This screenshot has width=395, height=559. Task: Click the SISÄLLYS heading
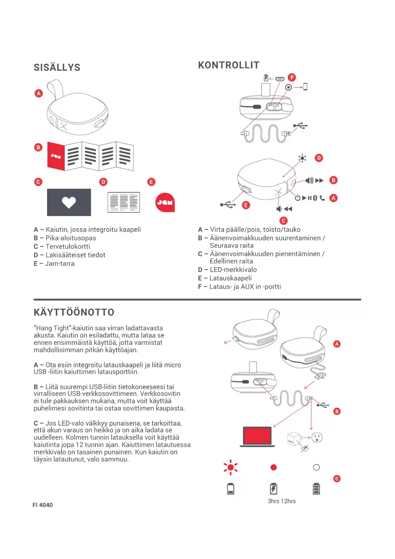(57, 67)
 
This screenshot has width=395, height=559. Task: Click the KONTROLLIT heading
(229, 65)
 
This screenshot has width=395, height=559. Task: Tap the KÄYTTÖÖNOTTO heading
(74, 312)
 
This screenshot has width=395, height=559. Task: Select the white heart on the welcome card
(69, 202)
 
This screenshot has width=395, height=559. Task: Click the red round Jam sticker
(165, 202)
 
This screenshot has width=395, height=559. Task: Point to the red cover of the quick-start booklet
(56, 156)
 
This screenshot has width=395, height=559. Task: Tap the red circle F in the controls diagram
(292, 77)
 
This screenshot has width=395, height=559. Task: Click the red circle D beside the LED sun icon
(319, 158)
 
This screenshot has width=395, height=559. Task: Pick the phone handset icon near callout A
(322, 198)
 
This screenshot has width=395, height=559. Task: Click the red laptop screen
(257, 435)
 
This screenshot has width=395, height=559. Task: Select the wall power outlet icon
(317, 437)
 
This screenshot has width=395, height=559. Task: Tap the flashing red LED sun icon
(230, 467)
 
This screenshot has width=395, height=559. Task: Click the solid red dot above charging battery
(273, 467)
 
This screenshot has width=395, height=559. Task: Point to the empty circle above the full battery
(316, 467)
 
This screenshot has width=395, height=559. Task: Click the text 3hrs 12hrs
(281, 501)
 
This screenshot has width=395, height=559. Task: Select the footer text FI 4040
(43, 505)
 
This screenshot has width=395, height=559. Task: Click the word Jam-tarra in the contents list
(60, 264)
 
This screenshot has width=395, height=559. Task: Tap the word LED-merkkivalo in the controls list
(233, 270)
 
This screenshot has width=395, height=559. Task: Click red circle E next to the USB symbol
(245, 205)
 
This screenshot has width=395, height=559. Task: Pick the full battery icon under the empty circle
(316, 489)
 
